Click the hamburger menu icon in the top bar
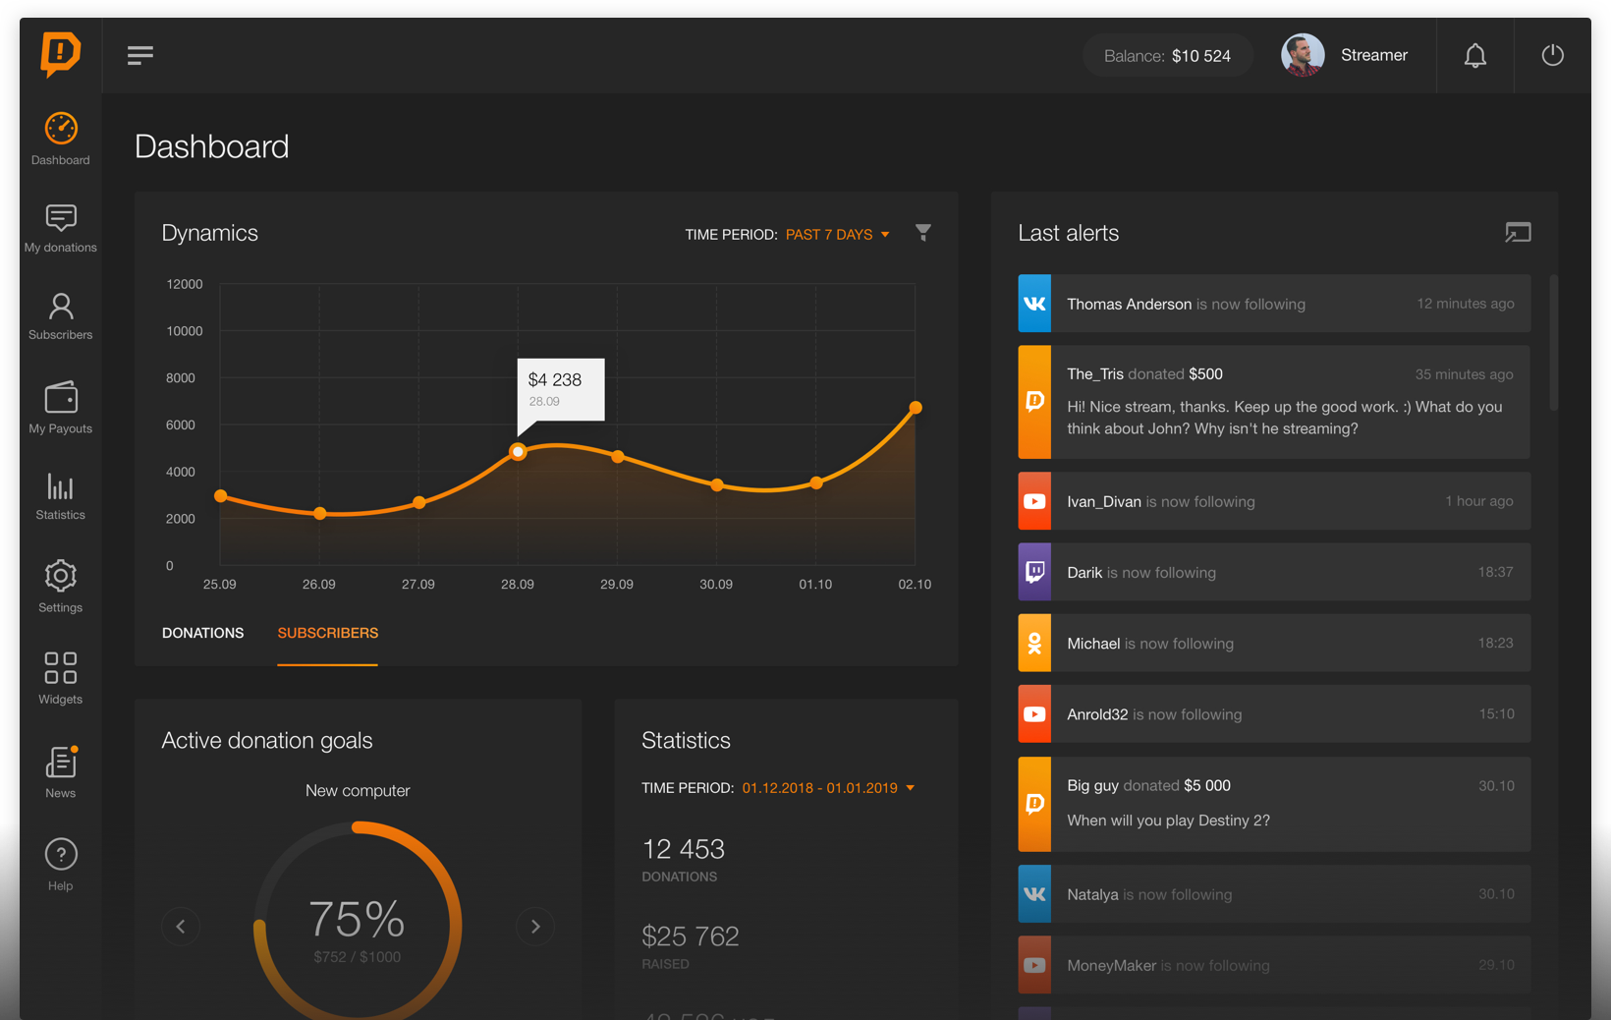pyautogui.click(x=140, y=55)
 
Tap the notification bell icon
pyautogui.click(x=1474, y=56)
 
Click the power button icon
pyautogui.click(x=1552, y=55)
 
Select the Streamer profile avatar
pyautogui.click(x=1303, y=55)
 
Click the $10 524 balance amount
pyautogui.click(x=1200, y=56)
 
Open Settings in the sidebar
pyautogui.click(x=61, y=577)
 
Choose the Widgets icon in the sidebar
pyautogui.click(x=61, y=668)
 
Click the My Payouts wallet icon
pyautogui.click(x=61, y=398)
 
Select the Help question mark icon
pyautogui.click(x=61, y=855)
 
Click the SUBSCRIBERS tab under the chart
pyautogui.click(x=327, y=633)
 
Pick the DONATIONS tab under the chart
pyautogui.click(x=202, y=633)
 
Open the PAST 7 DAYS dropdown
pyautogui.click(x=837, y=235)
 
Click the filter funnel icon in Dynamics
pyautogui.click(x=923, y=233)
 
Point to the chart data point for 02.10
pyautogui.click(x=916, y=407)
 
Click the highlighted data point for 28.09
pyautogui.click(x=518, y=452)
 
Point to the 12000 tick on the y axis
pyautogui.click(x=185, y=284)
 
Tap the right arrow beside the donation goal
pyautogui.click(x=535, y=926)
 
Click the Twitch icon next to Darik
pyautogui.click(x=1034, y=572)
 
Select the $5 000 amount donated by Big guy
pyautogui.click(x=1206, y=785)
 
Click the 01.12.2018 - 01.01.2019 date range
pyautogui.click(x=820, y=788)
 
